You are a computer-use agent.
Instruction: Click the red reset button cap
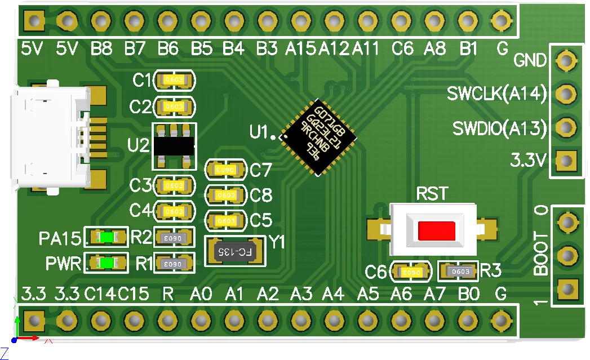tap(437, 230)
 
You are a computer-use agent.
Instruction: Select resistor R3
tap(458, 272)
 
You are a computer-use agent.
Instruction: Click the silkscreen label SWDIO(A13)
tap(499, 129)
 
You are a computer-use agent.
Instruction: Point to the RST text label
tap(432, 194)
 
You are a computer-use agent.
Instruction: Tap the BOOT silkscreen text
tap(541, 254)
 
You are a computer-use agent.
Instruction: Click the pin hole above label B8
tap(100, 21)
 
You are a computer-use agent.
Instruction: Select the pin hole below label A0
tap(200, 321)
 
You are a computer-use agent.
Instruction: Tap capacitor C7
tap(226, 169)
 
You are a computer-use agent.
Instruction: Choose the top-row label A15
tap(300, 48)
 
